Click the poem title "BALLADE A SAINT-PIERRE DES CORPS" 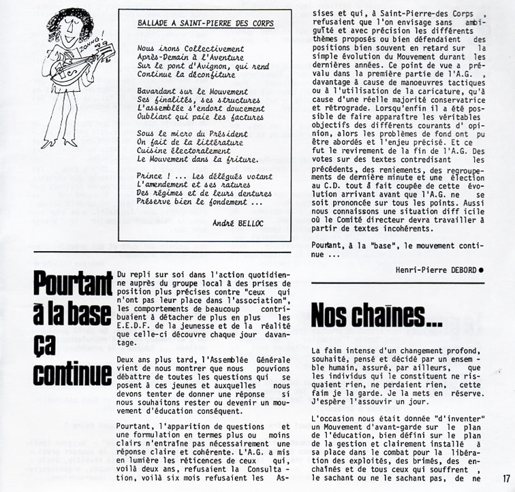point(205,23)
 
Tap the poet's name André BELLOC point(241,223)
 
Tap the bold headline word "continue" point(74,375)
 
